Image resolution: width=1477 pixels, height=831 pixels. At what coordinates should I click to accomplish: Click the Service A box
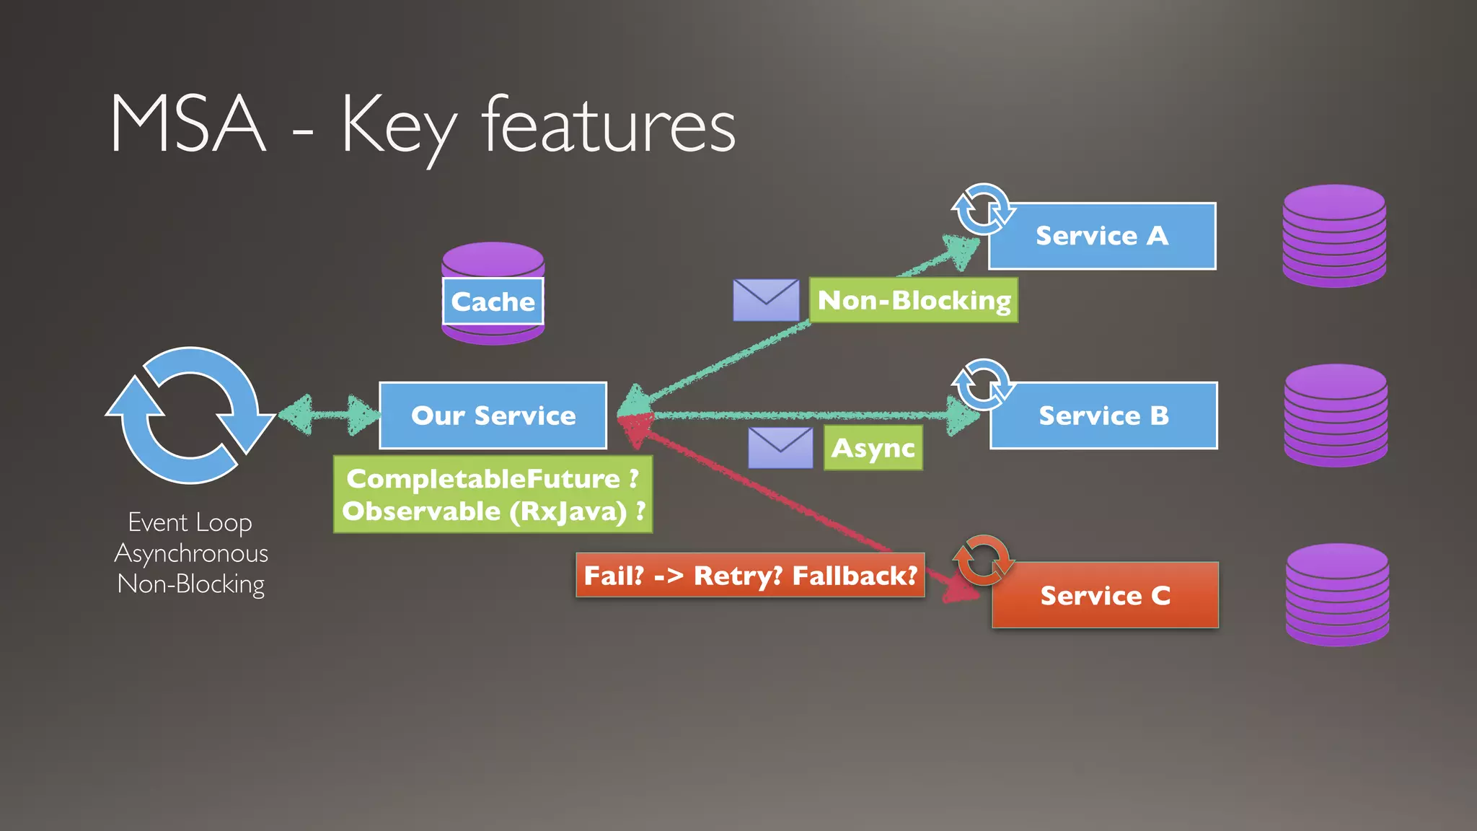coord(1102,236)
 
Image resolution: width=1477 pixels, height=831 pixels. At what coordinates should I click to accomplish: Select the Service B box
coord(1103,415)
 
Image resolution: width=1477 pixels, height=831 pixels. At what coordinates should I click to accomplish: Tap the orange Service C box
coord(1105,595)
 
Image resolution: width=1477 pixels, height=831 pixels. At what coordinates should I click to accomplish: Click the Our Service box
coord(493,415)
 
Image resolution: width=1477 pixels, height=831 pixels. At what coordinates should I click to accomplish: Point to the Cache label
coord(493,302)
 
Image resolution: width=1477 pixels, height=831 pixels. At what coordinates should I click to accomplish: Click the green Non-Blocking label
coord(914,300)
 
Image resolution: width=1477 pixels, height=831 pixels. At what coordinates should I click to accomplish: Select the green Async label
coord(873,448)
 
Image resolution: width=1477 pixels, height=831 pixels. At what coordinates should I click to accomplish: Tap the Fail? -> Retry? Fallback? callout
coord(750,576)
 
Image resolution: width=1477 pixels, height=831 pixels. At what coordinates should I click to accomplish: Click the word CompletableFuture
coord(483,478)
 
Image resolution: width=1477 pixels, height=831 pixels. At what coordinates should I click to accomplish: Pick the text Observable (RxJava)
coord(484,511)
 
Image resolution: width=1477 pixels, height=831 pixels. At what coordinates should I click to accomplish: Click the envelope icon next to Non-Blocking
coord(766,300)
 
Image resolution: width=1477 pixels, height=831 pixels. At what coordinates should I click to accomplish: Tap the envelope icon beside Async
coord(780,448)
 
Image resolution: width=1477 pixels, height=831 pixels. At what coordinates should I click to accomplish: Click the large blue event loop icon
coord(190,415)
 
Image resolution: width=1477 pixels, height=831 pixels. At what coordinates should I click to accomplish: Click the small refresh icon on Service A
coord(982,209)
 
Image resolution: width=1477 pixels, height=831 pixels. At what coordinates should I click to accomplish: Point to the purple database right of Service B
coord(1336,415)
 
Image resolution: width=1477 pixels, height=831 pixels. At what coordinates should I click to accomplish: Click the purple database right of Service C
coord(1337,595)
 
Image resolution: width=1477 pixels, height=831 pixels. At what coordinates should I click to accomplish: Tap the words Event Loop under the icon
coord(190,522)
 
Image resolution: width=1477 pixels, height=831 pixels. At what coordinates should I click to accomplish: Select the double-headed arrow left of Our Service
coord(329,415)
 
